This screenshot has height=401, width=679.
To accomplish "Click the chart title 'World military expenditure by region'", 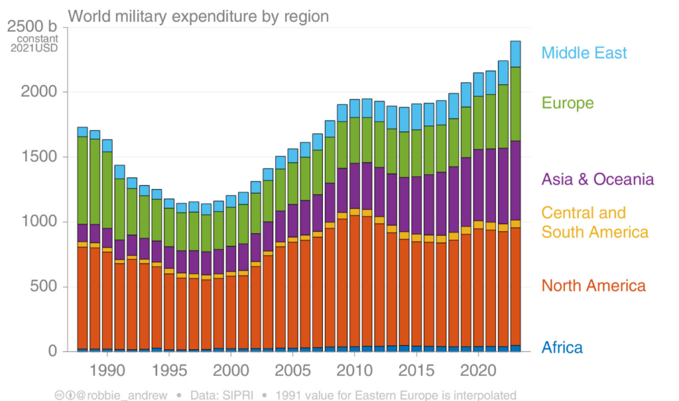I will click(198, 16).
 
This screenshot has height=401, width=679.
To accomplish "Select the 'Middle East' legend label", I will click(584, 53).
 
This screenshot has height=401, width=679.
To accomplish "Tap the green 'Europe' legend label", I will click(568, 103).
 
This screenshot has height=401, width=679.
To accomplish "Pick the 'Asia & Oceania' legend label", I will click(597, 179).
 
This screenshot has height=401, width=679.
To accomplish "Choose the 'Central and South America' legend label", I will click(594, 222).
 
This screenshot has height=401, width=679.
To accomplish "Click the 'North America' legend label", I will click(593, 285).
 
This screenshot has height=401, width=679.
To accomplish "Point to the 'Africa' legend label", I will click(562, 347).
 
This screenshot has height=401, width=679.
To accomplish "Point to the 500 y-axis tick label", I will click(46, 287).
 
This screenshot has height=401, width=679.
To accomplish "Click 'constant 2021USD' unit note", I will click(38, 43).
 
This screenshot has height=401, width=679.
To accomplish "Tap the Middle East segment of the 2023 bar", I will click(515, 54).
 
